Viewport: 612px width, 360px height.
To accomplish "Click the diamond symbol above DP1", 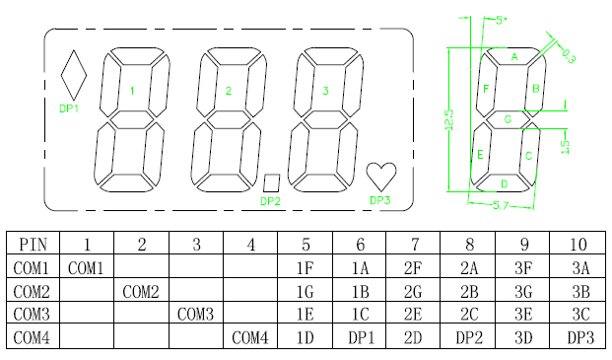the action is [x=73, y=75].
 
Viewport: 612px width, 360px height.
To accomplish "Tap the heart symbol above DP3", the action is [x=381, y=177].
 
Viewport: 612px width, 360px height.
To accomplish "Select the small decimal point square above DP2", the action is [x=272, y=182].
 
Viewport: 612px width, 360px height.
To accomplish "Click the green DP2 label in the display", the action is [x=270, y=201].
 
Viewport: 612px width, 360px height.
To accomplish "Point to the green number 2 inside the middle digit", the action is [x=229, y=91].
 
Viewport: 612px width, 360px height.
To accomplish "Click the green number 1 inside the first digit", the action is [x=132, y=91].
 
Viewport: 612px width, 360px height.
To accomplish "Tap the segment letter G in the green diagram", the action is [x=508, y=119].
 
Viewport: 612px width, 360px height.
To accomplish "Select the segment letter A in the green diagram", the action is [x=514, y=57].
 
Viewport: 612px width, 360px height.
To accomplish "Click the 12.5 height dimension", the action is [x=449, y=119].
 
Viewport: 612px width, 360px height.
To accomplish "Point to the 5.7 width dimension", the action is [x=501, y=205].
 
